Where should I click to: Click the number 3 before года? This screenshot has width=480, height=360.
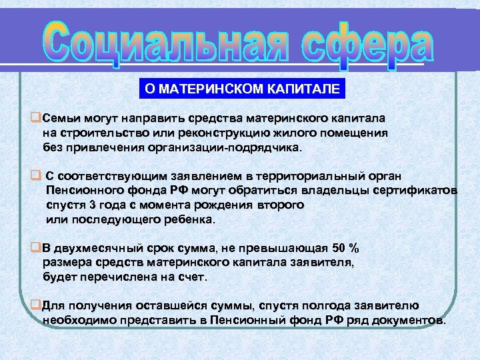point(92,205)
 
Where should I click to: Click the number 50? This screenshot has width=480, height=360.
point(339,249)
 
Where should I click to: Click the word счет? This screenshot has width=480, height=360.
point(194,277)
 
